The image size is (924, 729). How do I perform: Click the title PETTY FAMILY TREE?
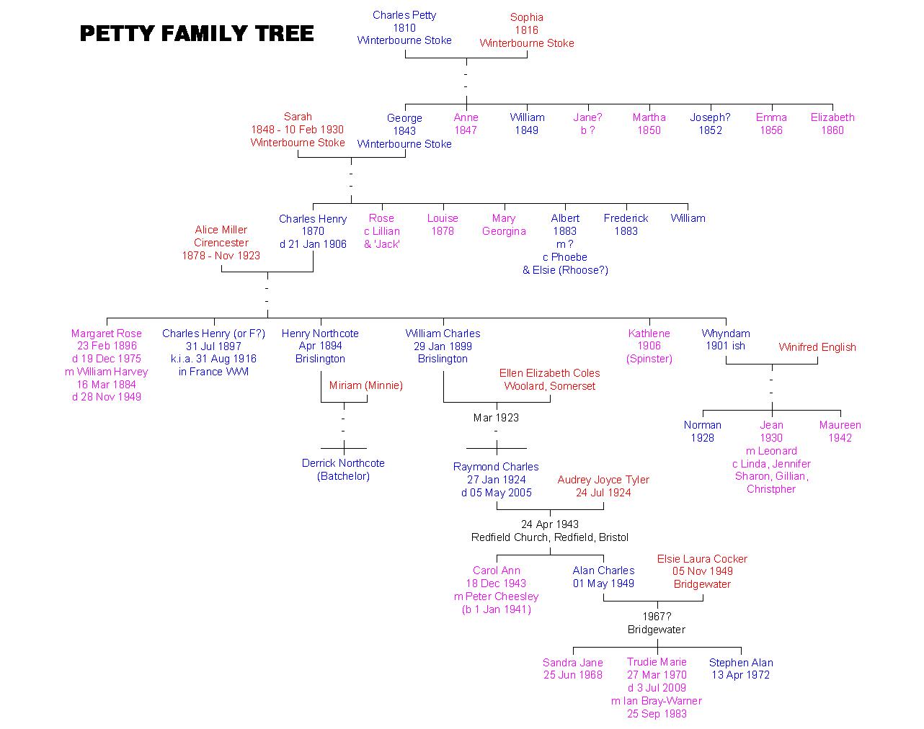197,34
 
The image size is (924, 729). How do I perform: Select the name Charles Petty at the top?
404,15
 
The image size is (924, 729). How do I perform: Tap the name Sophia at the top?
526,17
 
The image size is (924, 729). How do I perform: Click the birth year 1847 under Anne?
466,130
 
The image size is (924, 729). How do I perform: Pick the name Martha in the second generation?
649,117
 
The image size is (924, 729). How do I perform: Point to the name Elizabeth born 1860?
832,117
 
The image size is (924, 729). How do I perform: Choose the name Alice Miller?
221,230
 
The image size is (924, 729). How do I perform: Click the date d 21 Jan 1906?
313,244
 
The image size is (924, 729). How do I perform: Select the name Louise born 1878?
443,218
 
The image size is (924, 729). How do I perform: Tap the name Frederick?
626,218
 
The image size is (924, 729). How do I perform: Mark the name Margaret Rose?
107,334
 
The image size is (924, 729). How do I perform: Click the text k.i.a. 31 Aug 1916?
213,359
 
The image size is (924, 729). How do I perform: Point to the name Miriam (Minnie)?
365,385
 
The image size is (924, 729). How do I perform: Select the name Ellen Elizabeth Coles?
549,373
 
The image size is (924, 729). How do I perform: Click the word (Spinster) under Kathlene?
649,359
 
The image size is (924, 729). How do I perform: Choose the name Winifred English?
817,347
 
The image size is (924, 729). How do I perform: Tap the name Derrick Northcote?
343,463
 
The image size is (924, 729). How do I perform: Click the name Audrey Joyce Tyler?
603,480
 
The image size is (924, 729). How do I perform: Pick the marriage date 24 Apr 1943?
549,524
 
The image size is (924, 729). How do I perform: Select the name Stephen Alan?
740,663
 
